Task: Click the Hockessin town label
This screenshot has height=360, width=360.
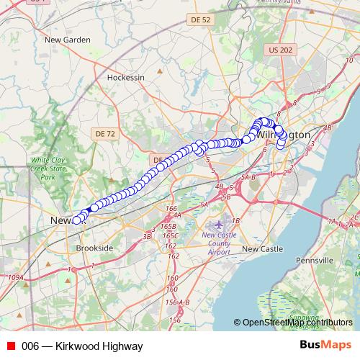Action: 125,76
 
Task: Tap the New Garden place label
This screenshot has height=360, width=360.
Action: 66,40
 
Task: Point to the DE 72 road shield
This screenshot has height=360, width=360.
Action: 105,134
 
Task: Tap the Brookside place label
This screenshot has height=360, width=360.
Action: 94,248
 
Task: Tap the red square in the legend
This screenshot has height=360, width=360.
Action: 9,346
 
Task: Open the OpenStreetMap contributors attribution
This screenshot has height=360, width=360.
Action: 297,323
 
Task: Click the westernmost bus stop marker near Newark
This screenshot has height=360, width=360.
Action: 76,220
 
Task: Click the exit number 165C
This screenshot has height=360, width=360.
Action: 170,235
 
